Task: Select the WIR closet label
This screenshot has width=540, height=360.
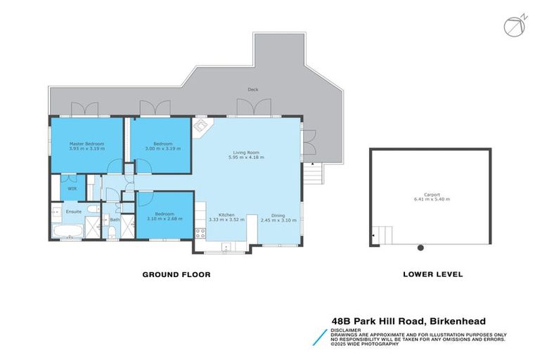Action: click(72, 188)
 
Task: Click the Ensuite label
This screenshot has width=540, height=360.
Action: click(73, 210)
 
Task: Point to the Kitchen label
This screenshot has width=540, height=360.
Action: click(226, 214)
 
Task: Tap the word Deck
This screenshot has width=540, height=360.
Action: click(252, 90)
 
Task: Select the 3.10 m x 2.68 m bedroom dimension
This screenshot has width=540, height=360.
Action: click(165, 219)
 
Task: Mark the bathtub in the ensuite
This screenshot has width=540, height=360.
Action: click(66, 231)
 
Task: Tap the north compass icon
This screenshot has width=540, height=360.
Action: click(513, 26)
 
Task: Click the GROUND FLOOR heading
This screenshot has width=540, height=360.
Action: click(176, 274)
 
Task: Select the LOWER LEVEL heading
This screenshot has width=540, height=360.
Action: click(432, 274)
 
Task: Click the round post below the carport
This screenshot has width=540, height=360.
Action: click(420, 247)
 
